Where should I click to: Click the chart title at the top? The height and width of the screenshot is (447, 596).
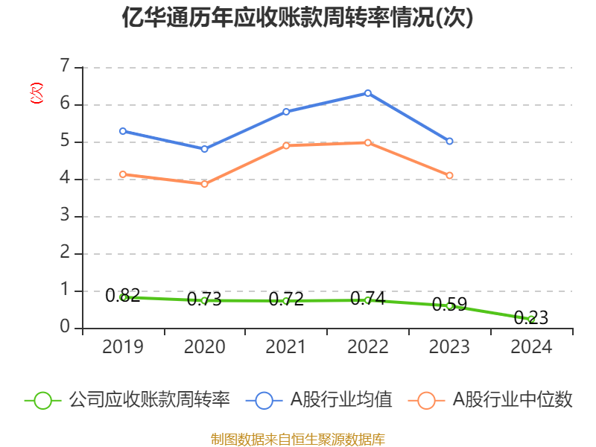pos(298,18)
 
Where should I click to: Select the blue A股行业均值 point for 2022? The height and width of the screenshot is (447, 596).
pos(368,93)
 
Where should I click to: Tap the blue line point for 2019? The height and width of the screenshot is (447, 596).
pos(123,131)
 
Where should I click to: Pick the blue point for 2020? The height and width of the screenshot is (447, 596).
pos(204,149)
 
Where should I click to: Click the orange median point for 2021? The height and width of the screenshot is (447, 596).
pos(286,145)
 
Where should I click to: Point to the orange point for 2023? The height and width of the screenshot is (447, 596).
pos(450,176)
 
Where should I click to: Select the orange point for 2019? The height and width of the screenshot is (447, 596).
pos(123,174)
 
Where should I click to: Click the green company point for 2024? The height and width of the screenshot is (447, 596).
pos(531,319)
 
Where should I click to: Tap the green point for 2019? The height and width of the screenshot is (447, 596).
pos(123,297)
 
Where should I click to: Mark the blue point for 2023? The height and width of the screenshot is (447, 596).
pos(450,142)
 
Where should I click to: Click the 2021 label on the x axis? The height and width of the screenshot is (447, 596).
pos(286,346)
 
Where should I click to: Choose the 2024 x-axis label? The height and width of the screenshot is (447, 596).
pos(531,346)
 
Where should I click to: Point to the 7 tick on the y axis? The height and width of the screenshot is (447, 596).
pos(65,66)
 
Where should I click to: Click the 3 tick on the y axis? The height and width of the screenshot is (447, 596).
pos(65,216)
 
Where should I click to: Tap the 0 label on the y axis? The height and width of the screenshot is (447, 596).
pos(65,328)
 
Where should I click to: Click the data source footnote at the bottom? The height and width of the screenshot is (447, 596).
pos(298,439)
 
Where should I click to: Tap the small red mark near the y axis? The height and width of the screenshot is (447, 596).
pos(36,93)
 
